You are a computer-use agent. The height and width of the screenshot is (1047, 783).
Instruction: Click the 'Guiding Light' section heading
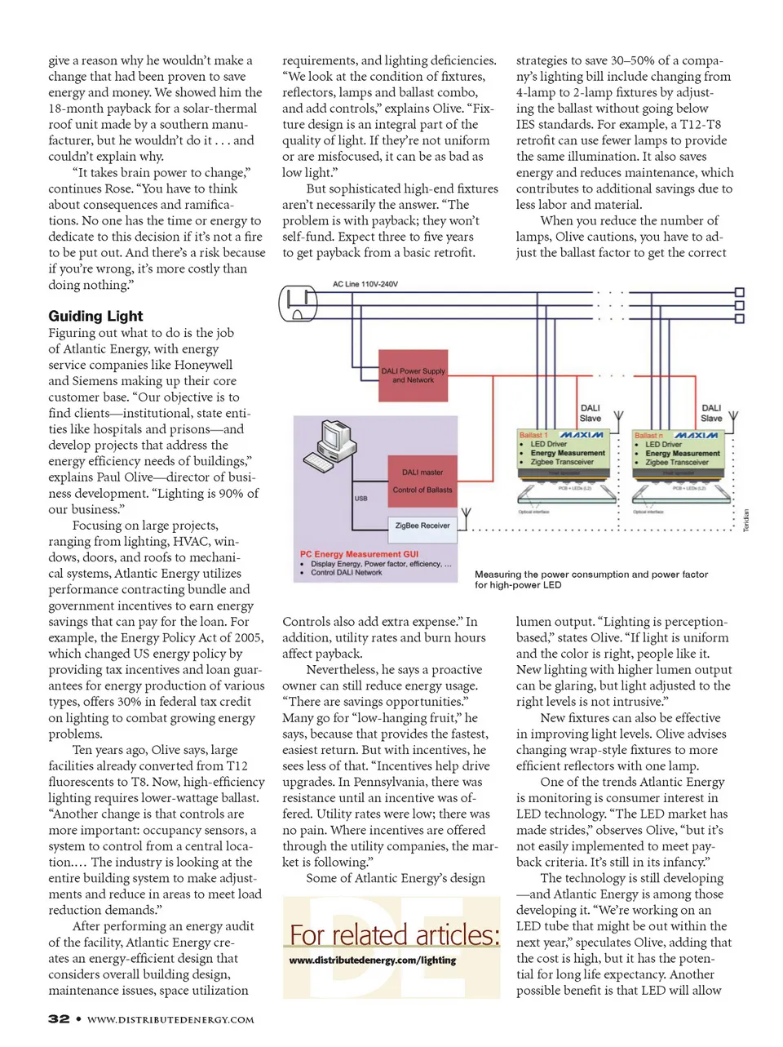(95, 316)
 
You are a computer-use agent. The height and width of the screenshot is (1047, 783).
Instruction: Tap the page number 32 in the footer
(59, 1019)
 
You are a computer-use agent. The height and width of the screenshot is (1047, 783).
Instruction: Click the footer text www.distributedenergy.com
(170, 1020)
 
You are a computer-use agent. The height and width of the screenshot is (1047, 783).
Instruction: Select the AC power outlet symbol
(298, 304)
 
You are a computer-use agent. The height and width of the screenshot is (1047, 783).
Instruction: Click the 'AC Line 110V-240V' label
(365, 285)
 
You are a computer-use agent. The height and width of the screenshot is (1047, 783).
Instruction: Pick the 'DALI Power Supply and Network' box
(414, 375)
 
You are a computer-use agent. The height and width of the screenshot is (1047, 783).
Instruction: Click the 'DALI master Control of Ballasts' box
(422, 481)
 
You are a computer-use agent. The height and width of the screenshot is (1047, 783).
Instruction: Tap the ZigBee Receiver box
(422, 526)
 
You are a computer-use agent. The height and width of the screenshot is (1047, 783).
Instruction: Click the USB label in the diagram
(361, 498)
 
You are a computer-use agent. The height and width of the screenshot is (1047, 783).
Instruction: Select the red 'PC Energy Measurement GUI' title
(359, 554)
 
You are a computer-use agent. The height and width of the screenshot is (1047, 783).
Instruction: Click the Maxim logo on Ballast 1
(582, 435)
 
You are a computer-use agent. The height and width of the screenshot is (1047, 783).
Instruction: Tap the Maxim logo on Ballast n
(696, 435)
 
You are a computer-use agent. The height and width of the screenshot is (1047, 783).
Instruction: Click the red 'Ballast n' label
(649, 436)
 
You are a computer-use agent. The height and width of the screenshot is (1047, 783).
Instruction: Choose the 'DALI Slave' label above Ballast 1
(590, 413)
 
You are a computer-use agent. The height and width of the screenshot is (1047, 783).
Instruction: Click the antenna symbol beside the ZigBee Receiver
(466, 517)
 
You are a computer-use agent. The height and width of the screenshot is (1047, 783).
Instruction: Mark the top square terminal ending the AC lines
(740, 292)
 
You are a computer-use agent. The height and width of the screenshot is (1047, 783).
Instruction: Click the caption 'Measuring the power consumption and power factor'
(591, 575)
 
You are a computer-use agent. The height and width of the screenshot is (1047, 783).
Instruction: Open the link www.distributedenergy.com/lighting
(372, 960)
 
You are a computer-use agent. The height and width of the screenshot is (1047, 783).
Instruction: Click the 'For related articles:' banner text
(394, 934)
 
